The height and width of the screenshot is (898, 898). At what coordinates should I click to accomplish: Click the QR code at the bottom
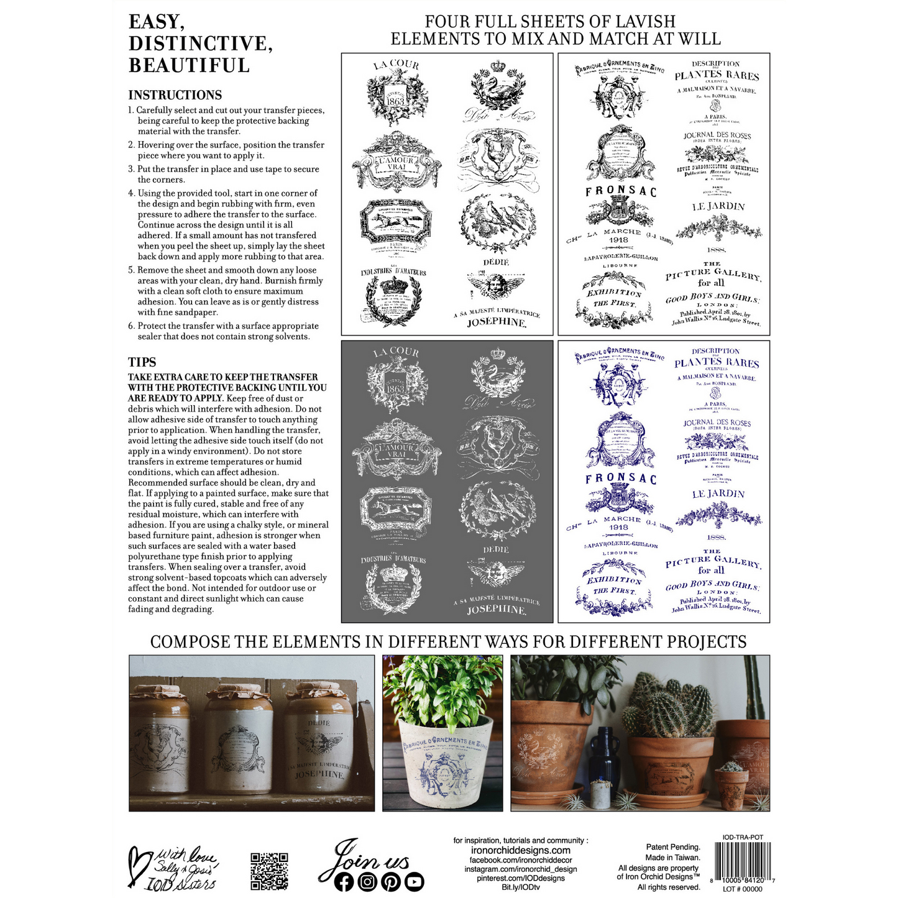[x=269, y=871]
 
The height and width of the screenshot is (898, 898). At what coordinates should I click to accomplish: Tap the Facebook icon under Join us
[x=344, y=882]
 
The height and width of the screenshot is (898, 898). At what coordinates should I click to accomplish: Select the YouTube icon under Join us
[x=414, y=882]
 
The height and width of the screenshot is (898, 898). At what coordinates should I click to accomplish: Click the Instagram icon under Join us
[x=367, y=882]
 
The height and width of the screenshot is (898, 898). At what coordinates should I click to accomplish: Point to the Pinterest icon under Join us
[x=391, y=882]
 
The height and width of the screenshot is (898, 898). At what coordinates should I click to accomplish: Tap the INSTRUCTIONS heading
[x=175, y=95]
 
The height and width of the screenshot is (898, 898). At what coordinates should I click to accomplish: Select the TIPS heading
[x=142, y=362]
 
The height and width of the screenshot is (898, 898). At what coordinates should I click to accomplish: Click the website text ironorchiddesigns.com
[x=520, y=850]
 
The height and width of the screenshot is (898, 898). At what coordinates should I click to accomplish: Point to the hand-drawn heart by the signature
[x=138, y=864]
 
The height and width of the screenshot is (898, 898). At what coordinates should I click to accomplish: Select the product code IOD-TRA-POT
[x=743, y=837]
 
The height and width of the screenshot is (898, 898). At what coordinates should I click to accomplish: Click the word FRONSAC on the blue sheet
[x=620, y=479]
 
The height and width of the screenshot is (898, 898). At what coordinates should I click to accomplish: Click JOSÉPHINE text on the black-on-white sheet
[x=496, y=323]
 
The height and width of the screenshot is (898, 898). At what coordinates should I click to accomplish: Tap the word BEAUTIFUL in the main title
[x=189, y=65]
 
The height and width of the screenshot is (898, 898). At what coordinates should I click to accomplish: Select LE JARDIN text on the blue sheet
[x=718, y=494]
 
